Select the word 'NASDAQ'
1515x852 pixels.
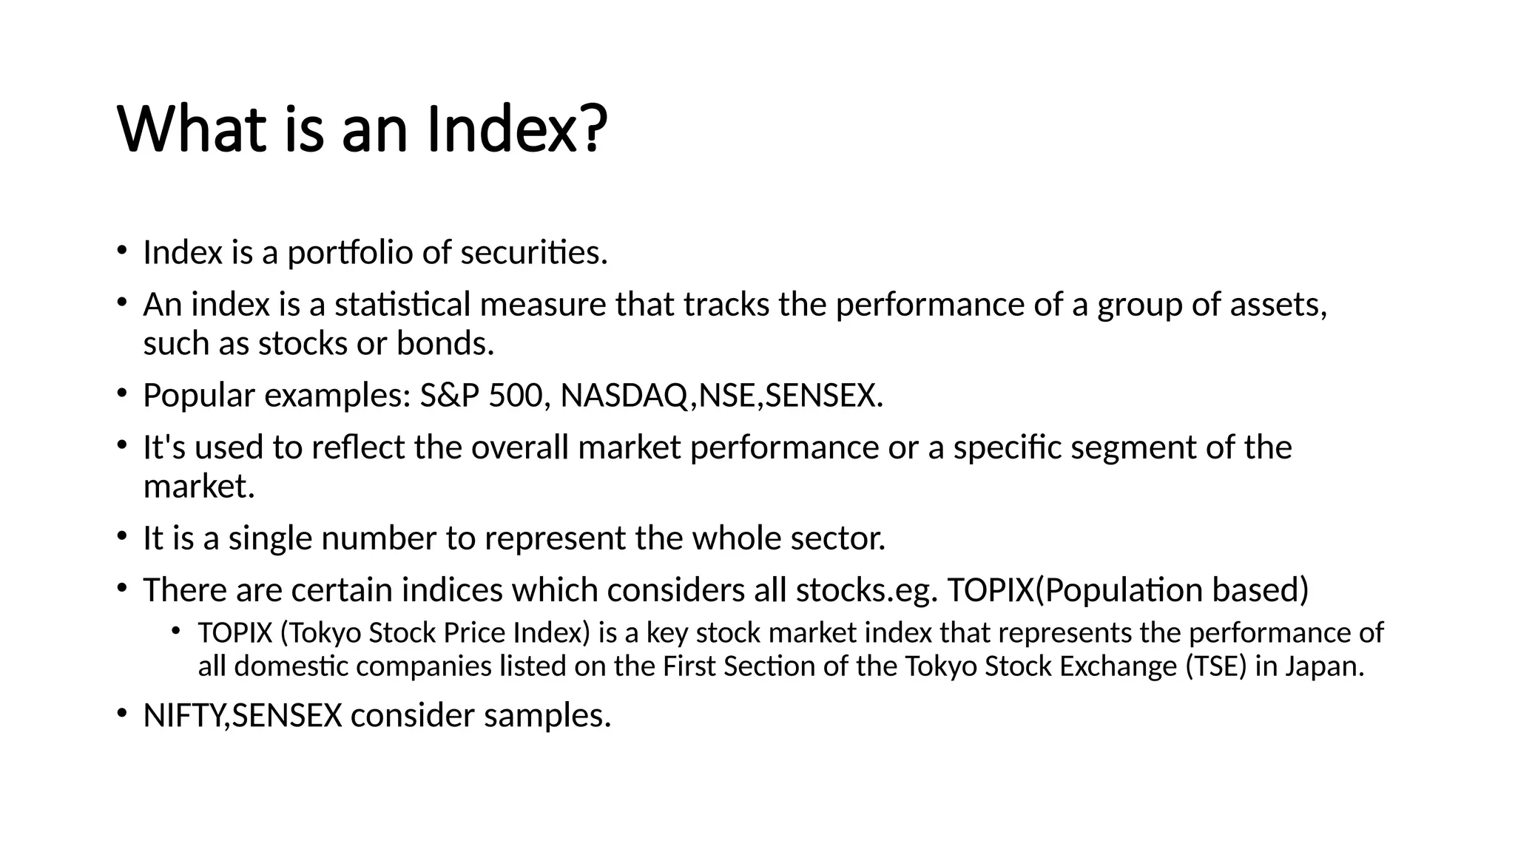point(625,396)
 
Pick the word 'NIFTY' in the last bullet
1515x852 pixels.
point(183,716)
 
